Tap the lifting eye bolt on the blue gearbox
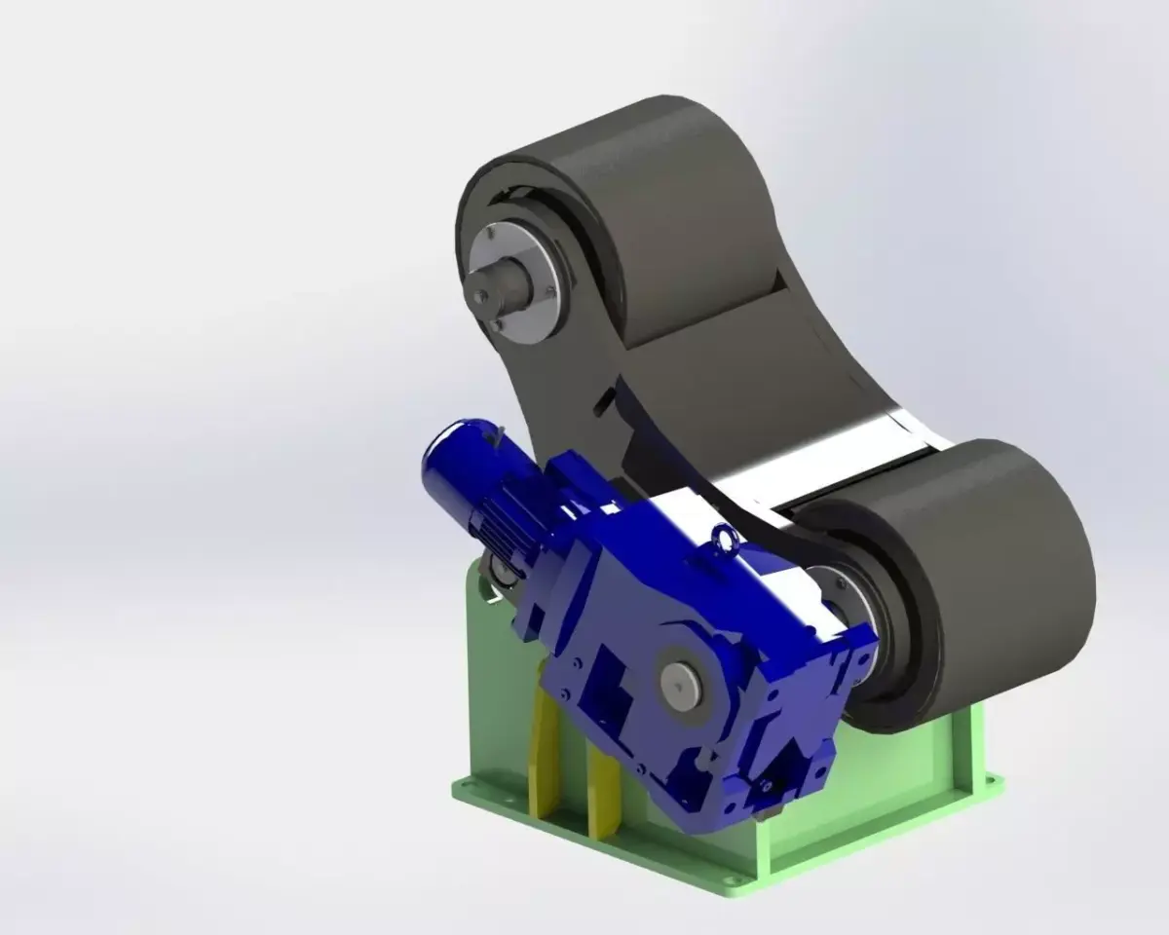click(723, 535)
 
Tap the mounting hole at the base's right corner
click(991, 779)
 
